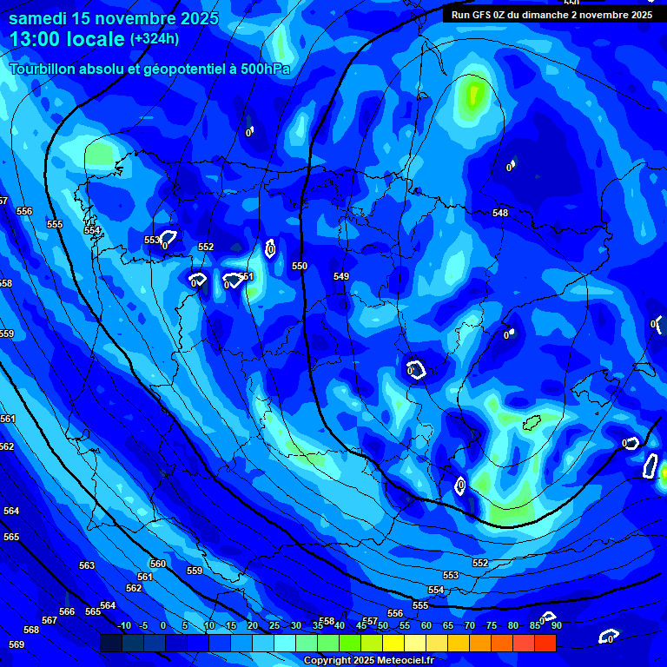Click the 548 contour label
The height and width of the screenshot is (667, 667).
[x=500, y=213]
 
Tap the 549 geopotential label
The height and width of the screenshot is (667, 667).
[x=341, y=276]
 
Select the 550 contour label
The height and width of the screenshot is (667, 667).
[x=300, y=266]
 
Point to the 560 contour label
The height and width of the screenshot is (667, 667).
[x=157, y=564]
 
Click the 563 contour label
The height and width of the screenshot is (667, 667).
[x=87, y=565]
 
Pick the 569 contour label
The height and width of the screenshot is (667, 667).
[x=17, y=644]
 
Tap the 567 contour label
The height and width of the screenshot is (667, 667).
[x=50, y=620]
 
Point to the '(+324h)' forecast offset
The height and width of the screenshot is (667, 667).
[x=155, y=39]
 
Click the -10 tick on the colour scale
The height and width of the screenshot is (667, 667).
[x=123, y=626]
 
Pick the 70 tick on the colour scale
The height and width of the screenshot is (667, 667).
[x=469, y=626]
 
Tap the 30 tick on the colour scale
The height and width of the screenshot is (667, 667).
[x=295, y=626]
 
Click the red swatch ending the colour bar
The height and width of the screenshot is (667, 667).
[x=545, y=643]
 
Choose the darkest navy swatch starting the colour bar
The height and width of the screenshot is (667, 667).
[x=110, y=643]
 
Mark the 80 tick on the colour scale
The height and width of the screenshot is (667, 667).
[x=512, y=626]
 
